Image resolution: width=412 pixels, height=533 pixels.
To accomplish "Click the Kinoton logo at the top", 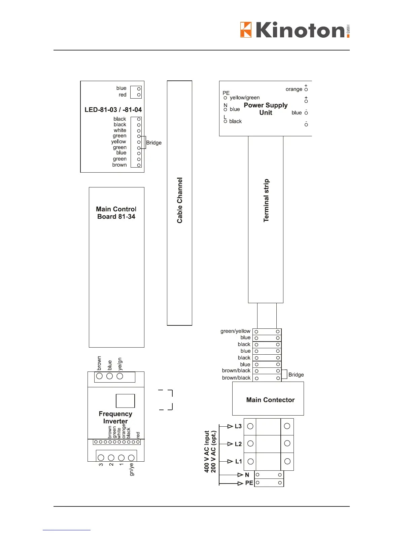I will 295,30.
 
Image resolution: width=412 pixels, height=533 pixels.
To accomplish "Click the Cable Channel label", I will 180,200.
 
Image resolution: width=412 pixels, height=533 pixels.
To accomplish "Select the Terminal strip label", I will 266,201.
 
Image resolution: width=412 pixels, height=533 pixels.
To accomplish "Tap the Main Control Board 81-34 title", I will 116,213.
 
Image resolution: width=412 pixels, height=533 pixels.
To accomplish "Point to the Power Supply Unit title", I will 266,109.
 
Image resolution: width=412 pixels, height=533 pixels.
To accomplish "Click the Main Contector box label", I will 270,400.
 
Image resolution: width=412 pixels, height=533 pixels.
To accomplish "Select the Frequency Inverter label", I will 115,417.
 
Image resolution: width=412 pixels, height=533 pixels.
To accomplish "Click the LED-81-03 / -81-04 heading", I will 113,110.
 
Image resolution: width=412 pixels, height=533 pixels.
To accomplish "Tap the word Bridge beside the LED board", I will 154,143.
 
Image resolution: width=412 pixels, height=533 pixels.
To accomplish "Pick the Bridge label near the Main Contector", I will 296,375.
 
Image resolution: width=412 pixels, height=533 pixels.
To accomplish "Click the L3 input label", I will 238,426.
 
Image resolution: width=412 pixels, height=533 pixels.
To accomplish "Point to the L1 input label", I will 238,461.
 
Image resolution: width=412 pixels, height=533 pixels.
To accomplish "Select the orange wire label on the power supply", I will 294,89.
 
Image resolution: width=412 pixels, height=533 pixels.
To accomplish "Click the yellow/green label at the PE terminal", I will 245,98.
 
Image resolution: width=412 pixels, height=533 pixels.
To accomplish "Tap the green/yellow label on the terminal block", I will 235,331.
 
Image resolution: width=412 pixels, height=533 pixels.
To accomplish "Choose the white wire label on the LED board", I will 120,130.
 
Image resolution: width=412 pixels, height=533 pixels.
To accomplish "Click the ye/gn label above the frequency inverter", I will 120,364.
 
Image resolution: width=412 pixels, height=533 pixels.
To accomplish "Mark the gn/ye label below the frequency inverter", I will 132,469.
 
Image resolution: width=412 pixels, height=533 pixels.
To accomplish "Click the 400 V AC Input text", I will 207,452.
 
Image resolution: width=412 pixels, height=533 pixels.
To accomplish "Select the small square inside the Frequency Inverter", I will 125,401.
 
